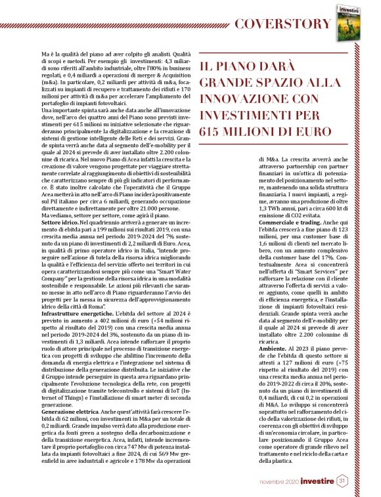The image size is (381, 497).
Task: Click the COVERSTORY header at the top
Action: point(280,24)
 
